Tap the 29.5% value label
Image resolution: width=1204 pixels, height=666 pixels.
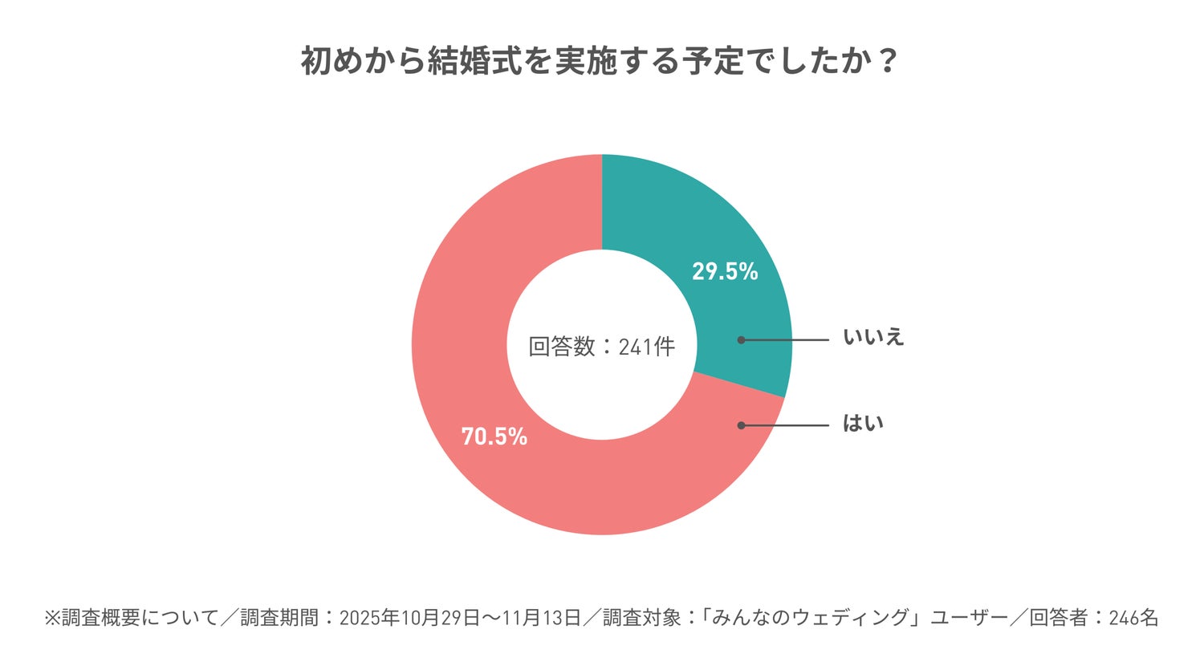coord(725,272)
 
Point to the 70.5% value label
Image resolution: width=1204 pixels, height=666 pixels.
coord(494,437)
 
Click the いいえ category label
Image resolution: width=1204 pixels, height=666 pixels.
coord(873,337)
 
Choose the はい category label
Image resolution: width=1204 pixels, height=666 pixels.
coord(863,423)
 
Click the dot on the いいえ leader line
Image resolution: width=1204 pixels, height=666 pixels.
coord(741,340)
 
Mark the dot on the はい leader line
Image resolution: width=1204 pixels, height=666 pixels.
coord(741,425)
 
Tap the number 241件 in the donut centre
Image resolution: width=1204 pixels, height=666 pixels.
coord(647,347)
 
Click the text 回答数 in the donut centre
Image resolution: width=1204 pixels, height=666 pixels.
coord(561,347)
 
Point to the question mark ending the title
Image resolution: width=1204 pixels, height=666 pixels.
coord(886,61)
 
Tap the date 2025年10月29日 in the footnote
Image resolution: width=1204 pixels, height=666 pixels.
coord(410,618)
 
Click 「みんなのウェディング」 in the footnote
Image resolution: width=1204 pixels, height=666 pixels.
coord(811,618)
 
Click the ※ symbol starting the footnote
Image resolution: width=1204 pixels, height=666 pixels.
coord(52,618)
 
